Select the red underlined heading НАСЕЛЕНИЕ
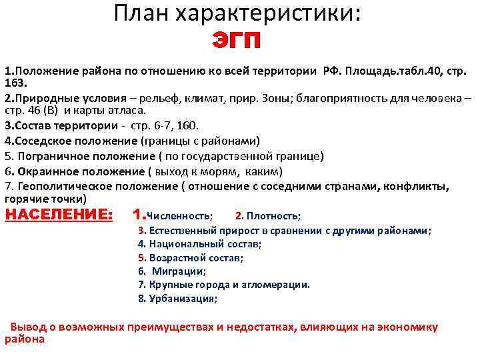[59, 215]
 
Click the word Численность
[178, 216]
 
